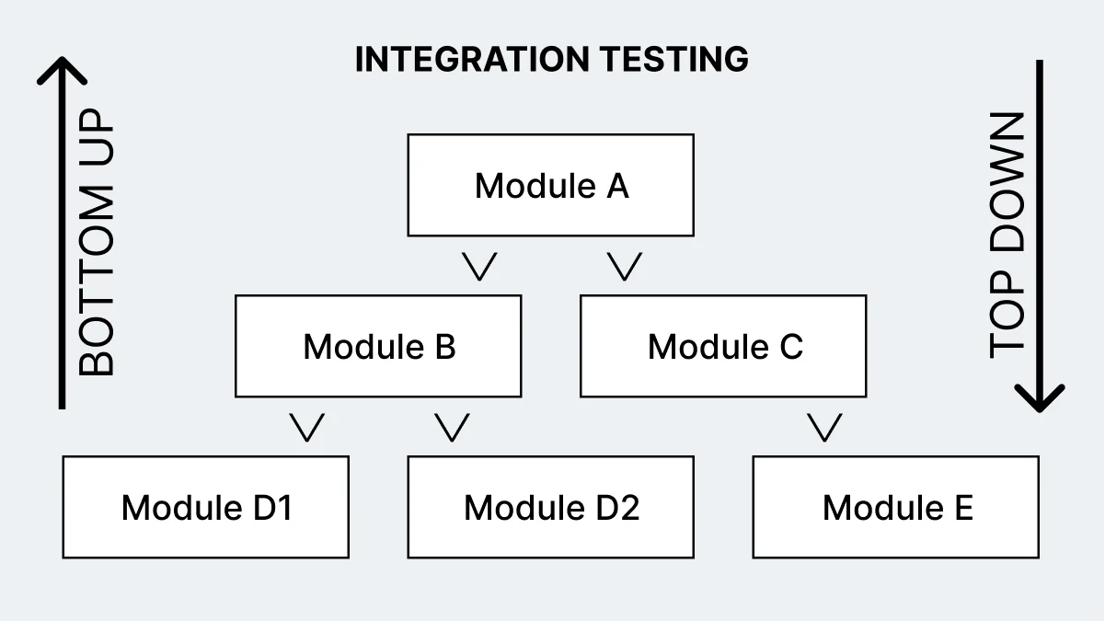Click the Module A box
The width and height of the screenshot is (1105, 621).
coord(550,185)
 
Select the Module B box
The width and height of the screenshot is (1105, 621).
coord(378,346)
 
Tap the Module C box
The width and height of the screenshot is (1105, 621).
coord(723,346)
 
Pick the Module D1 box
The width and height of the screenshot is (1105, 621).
coord(205,507)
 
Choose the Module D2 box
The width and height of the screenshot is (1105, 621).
coord(550,507)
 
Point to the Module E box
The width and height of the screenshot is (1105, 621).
coord(895,507)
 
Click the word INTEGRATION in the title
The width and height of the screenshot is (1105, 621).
coord(473,60)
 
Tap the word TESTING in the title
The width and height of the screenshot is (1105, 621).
coord(674,60)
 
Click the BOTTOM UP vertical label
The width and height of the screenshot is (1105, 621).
coord(97,243)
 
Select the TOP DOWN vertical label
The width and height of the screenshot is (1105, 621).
coord(1007,235)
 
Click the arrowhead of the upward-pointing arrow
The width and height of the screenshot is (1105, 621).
coord(62,68)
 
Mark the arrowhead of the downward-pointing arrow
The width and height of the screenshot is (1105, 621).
coord(1040,399)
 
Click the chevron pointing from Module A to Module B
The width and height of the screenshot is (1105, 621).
coord(480,266)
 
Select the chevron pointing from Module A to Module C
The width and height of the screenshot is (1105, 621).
coord(625,266)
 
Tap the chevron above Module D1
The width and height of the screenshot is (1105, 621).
coord(307,427)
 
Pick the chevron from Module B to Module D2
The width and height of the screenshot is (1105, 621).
coord(452,427)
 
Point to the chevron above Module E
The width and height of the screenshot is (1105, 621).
coord(824,427)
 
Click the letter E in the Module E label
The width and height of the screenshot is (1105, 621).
coord(962,507)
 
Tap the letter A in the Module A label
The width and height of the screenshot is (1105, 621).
coord(616,185)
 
